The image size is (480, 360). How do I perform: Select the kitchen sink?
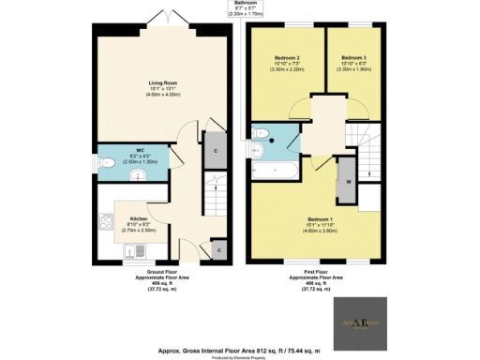point(139,250)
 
